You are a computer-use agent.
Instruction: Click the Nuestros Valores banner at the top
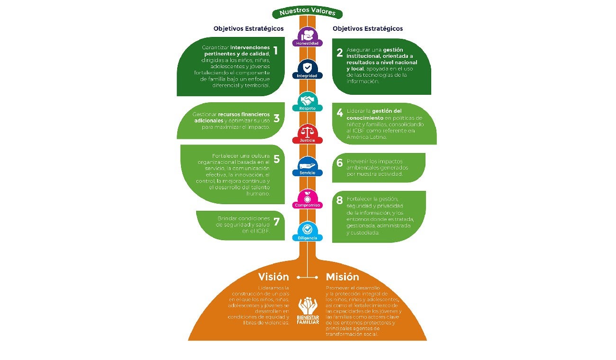point(307,12)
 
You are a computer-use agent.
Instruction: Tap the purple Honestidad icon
point(308,35)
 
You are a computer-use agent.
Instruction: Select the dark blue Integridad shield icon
point(308,67)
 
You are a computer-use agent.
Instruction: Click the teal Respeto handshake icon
point(308,100)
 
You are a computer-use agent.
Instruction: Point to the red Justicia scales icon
point(308,132)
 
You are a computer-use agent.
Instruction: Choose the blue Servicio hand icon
point(308,165)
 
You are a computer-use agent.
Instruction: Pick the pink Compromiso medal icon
point(308,197)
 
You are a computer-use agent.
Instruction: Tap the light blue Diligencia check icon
point(308,230)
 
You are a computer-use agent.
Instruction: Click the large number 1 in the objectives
point(276,51)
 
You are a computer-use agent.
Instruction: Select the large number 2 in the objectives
point(339,53)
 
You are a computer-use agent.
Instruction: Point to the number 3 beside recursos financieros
point(276,118)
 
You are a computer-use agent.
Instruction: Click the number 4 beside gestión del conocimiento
point(339,113)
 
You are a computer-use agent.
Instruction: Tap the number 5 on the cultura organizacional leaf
point(276,159)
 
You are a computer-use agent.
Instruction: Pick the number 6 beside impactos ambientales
point(339,163)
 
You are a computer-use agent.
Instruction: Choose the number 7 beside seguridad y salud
point(276,222)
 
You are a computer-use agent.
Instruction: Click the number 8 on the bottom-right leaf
point(339,200)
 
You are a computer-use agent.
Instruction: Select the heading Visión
point(273,277)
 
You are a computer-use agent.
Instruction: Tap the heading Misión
point(342,277)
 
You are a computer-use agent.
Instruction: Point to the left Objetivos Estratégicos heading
point(248,28)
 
